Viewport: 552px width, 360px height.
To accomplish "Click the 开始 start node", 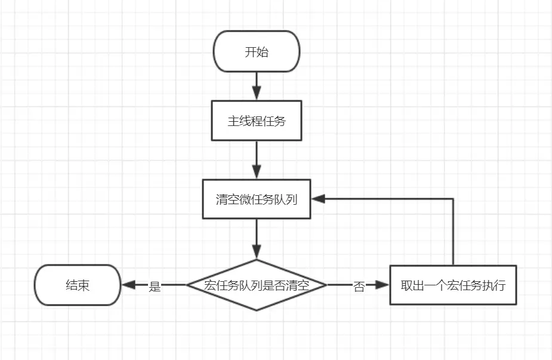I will (257, 52).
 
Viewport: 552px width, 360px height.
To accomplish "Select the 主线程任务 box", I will (257, 121).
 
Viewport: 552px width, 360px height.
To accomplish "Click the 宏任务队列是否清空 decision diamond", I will (257, 285).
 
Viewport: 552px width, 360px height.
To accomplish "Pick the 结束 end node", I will (78, 285).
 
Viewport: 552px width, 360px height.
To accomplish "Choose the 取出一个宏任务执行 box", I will (453, 285).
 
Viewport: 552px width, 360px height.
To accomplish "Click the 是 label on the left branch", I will (155, 286).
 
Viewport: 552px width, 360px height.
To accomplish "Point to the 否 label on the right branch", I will (359, 286).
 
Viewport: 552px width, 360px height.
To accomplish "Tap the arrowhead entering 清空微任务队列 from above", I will (257, 173).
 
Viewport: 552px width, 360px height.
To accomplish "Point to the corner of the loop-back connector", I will (453, 199).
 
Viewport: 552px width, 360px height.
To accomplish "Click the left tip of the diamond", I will (188, 285).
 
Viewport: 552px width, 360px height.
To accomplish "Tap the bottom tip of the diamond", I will (257, 310).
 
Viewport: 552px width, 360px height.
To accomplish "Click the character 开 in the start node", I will (251, 52).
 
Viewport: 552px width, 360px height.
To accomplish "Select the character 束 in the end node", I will (84, 285).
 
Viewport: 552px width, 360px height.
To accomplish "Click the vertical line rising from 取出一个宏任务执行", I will (453, 233).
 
